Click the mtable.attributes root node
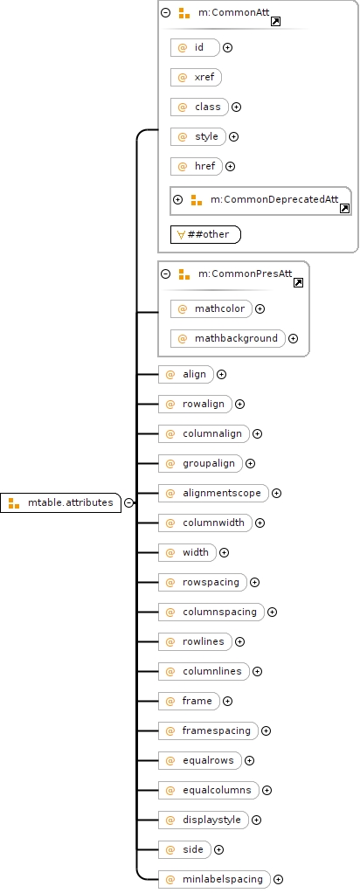[x=61, y=503]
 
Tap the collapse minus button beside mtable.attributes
[x=129, y=503]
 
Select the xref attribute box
[x=196, y=77]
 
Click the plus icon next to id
[x=228, y=48]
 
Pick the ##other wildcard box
[x=205, y=234]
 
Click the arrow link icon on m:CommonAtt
[x=276, y=22]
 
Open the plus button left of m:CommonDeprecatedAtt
[x=177, y=200]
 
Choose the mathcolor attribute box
[x=211, y=308]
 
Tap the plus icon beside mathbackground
[x=294, y=338]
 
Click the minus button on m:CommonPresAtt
[x=166, y=274]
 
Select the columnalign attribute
[x=204, y=433]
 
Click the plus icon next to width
[x=225, y=552]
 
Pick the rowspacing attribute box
[x=203, y=582]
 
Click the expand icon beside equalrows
[x=250, y=760]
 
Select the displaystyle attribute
[x=204, y=820]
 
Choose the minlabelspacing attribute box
[x=215, y=879]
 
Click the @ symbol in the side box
[x=170, y=849]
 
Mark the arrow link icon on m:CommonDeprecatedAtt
[x=345, y=209]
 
